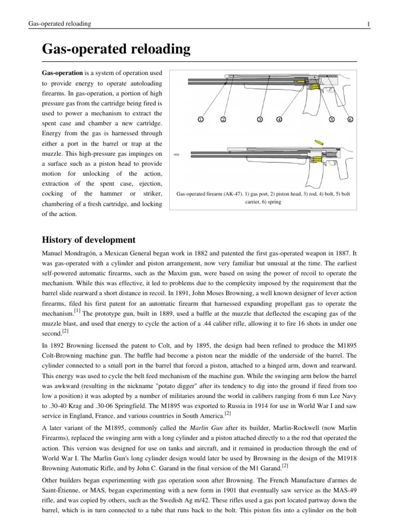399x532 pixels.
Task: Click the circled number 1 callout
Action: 200,119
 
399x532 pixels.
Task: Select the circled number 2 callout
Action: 223,119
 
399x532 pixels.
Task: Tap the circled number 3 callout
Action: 260,119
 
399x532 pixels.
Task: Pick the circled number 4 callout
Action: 279,119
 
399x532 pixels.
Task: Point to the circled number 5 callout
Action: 331,119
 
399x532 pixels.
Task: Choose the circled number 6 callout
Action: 350,119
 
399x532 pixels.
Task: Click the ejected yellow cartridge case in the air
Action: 317,142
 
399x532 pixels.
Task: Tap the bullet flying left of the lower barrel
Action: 177,154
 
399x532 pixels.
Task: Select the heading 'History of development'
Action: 88,240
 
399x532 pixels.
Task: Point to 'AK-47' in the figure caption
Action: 245,193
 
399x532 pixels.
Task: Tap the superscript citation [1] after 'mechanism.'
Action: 77,310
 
